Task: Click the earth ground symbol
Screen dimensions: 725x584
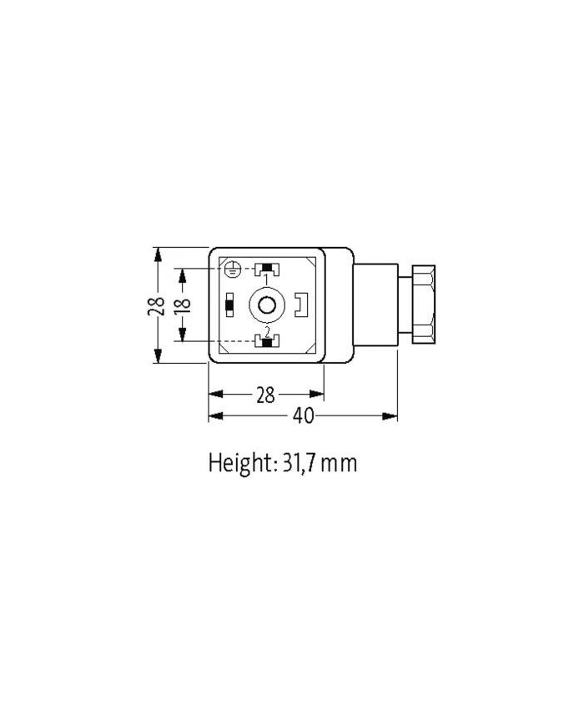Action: [x=234, y=269]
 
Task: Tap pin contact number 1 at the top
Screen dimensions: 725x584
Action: [x=266, y=269]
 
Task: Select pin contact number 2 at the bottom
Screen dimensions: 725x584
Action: [x=266, y=342]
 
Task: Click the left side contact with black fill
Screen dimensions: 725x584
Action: [x=229, y=305]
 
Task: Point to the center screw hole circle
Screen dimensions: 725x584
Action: [x=266, y=305]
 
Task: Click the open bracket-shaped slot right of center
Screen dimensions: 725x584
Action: [x=302, y=305]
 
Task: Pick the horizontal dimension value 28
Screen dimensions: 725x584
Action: [x=265, y=395]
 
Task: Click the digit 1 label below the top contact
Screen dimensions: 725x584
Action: [x=266, y=279]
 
